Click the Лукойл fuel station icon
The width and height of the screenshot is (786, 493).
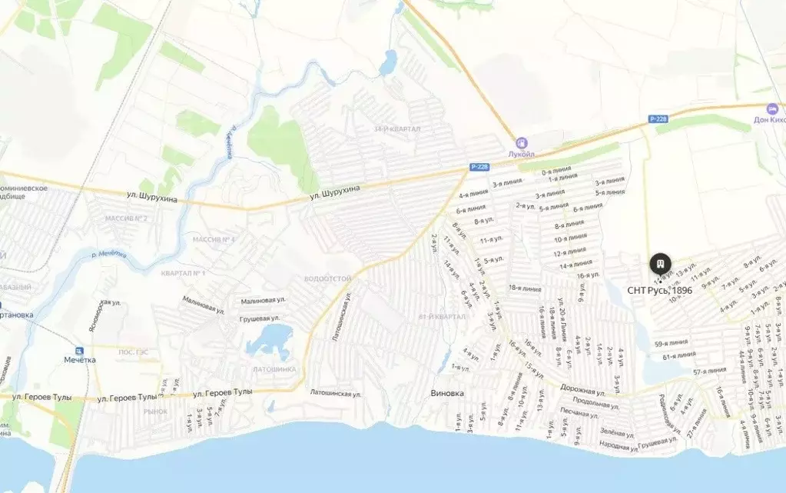click(522, 142)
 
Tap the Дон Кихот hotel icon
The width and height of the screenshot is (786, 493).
click(772, 108)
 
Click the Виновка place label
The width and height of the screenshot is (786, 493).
click(447, 394)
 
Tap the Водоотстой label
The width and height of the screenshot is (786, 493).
click(327, 278)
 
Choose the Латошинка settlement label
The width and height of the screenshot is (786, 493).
click(274, 369)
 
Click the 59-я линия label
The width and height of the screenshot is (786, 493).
click(671, 343)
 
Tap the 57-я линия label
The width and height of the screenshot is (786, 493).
click(709, 371)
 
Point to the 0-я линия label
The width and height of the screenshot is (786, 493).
click(556, 172)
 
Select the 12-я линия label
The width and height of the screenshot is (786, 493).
click(570, 252)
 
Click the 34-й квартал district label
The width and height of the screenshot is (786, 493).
click(396, 129)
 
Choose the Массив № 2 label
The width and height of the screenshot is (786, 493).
click(126, 218)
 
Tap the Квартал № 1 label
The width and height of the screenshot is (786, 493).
click(183, 273)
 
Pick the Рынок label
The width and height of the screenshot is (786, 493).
click(155, 411)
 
